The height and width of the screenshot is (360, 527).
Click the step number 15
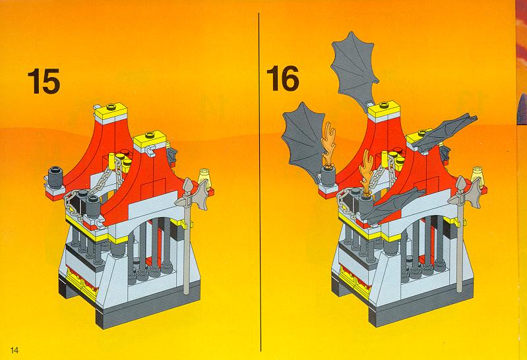click(44, 81)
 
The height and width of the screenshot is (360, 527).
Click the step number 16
click(283, 78)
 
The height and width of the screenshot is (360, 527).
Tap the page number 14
click(15, 350)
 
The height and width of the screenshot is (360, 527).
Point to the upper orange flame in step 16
click(328, 144)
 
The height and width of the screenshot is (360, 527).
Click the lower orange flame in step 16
click(367, 171)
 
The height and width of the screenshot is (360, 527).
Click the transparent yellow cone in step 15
click(205, 177)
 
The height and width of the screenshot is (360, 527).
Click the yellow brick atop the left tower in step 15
click(110, 110)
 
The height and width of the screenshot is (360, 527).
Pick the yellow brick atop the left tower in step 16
click(384, 109)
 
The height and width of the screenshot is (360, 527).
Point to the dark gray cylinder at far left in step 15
click(55, 177)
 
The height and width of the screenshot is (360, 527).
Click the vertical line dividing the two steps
click(259, 182)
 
